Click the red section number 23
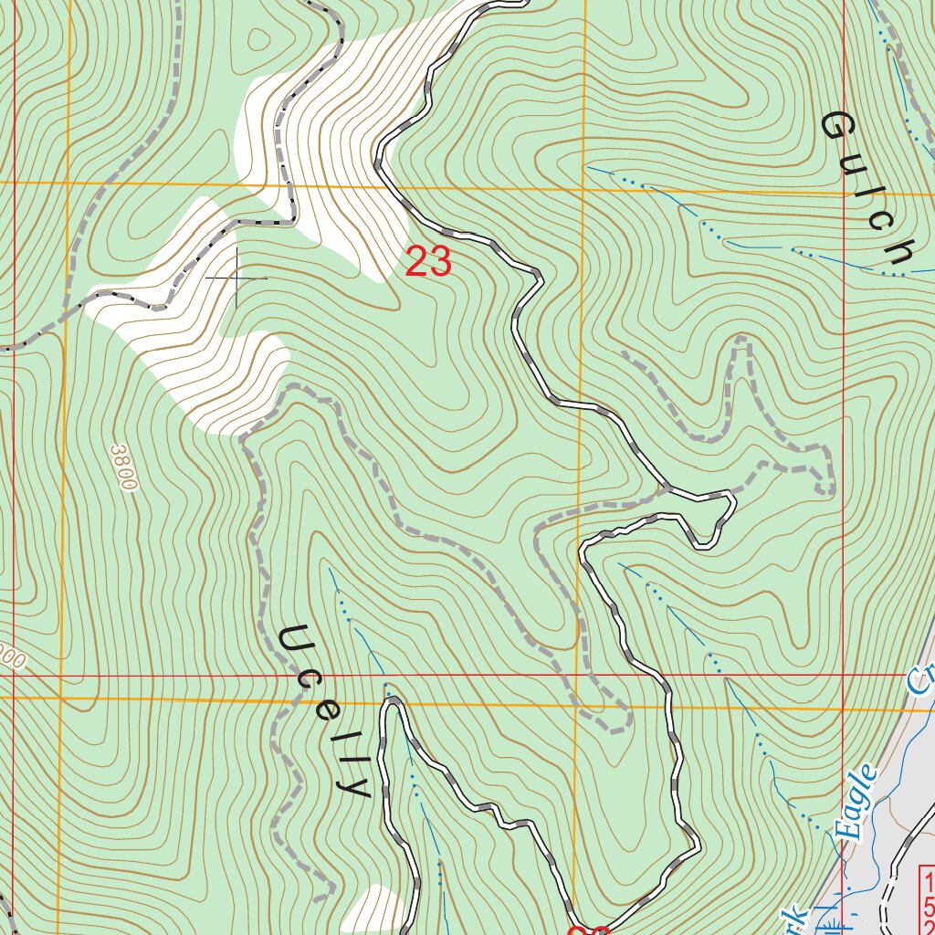tap(428, 262)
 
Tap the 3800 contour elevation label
tap(121, 467)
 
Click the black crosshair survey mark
tap(236, 277)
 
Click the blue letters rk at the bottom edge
tap(793, 918)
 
